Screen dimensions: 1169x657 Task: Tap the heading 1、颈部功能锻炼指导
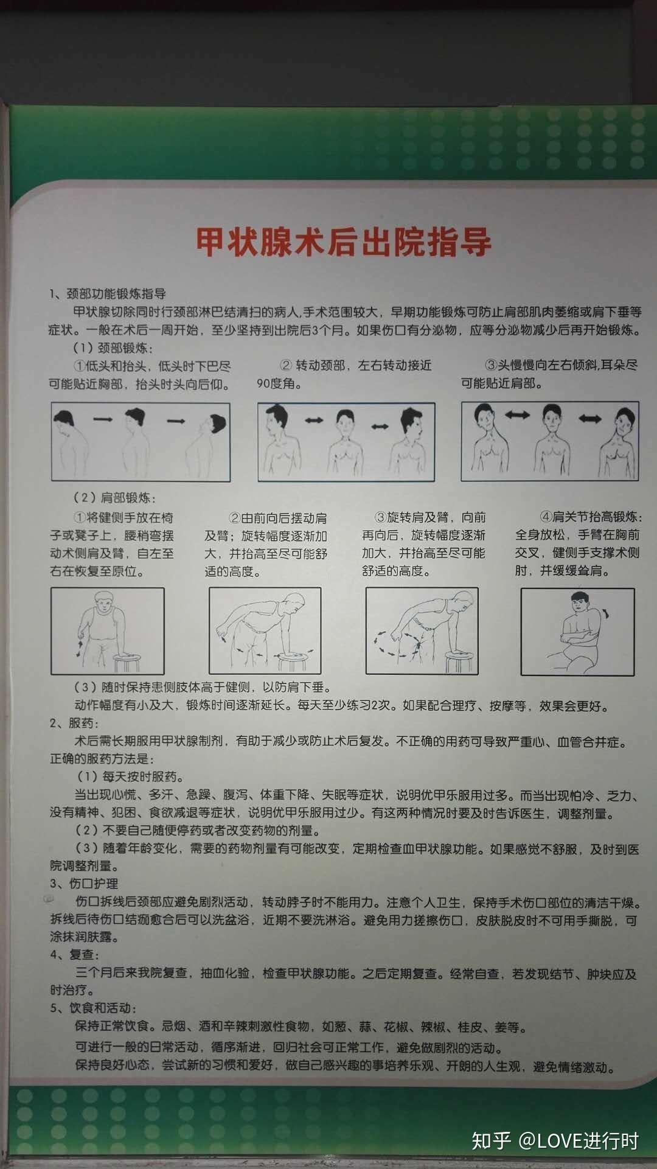coord(108,294)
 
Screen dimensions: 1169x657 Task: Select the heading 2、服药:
coord(74,723)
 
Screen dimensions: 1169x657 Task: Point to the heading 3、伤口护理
coord(84,883)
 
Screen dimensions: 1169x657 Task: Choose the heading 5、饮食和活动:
coord(93,1008)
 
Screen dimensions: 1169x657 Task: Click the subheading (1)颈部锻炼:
coord(113,348)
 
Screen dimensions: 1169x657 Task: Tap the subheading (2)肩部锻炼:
coord(114,497)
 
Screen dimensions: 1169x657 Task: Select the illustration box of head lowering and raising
coord(140,442)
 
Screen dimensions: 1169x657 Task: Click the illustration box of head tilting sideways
coord(550,441)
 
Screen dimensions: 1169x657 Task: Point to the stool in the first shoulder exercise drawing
coord(127,661)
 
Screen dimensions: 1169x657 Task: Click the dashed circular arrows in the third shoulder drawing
coord(395,643)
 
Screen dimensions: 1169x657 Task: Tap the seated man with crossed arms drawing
coord(577,632)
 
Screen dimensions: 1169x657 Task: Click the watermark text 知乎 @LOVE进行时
coord(555,1140)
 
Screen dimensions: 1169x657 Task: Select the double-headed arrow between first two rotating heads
coord(314,420)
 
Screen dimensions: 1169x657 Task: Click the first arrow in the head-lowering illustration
coord(103,419)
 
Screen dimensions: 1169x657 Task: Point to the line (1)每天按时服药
coord(130,776)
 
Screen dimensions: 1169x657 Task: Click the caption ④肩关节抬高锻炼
coord(590,517)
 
